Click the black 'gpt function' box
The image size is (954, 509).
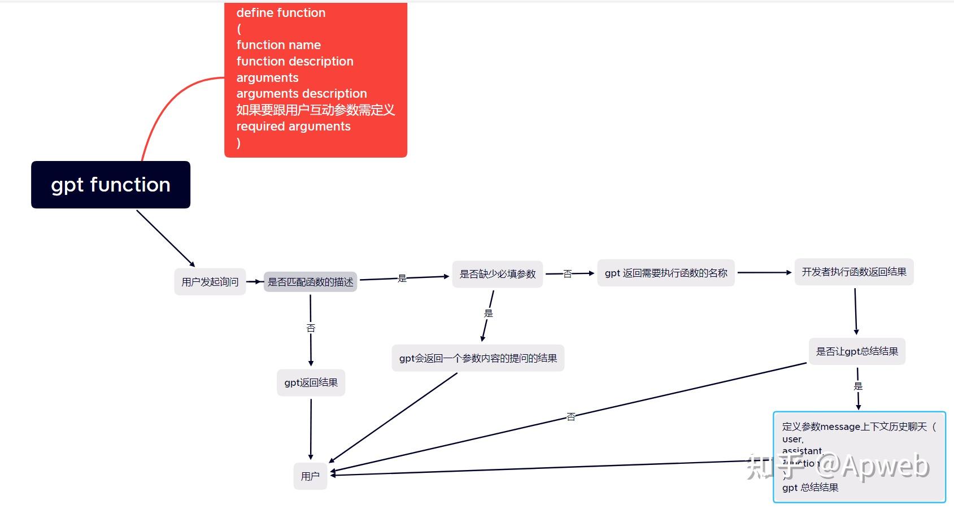tap(111, 185)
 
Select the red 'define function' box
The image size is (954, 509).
tap(316, 79)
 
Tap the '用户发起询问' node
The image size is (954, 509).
tap(210, 282)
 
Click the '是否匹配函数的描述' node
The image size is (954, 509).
tap(310, 282)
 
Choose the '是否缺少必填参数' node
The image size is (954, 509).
tap(498, 274)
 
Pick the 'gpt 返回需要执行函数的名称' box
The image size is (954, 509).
tap(666, 273)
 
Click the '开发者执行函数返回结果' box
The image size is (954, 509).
tap(854, 272)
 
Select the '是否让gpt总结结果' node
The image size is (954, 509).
tap(857, 351)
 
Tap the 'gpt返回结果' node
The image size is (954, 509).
tap(311, 382)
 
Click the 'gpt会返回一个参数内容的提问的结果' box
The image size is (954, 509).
tap(478, 358)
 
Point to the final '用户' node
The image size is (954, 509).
tap(310, 476)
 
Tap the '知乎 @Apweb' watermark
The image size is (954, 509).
tap(838, 467)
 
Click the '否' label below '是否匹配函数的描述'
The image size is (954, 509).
tap(311, 328)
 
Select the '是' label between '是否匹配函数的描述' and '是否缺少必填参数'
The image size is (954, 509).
tap(402, 278)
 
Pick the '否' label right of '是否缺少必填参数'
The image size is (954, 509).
tap(568, 274)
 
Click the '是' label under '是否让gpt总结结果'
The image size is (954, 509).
tap(858, 386)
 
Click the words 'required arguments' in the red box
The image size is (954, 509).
tap(293, 126)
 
